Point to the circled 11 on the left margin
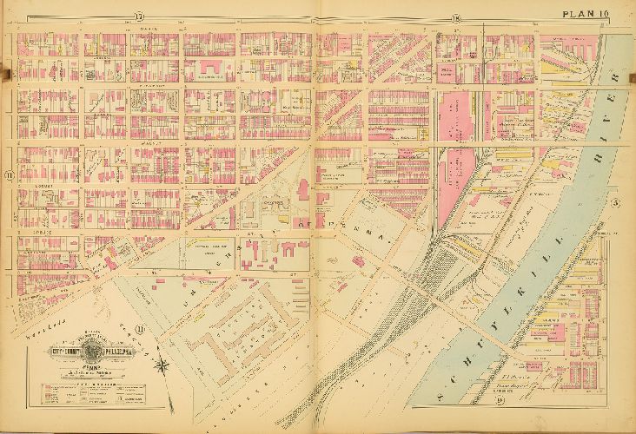[9, 174]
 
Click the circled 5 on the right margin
[614, 203]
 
